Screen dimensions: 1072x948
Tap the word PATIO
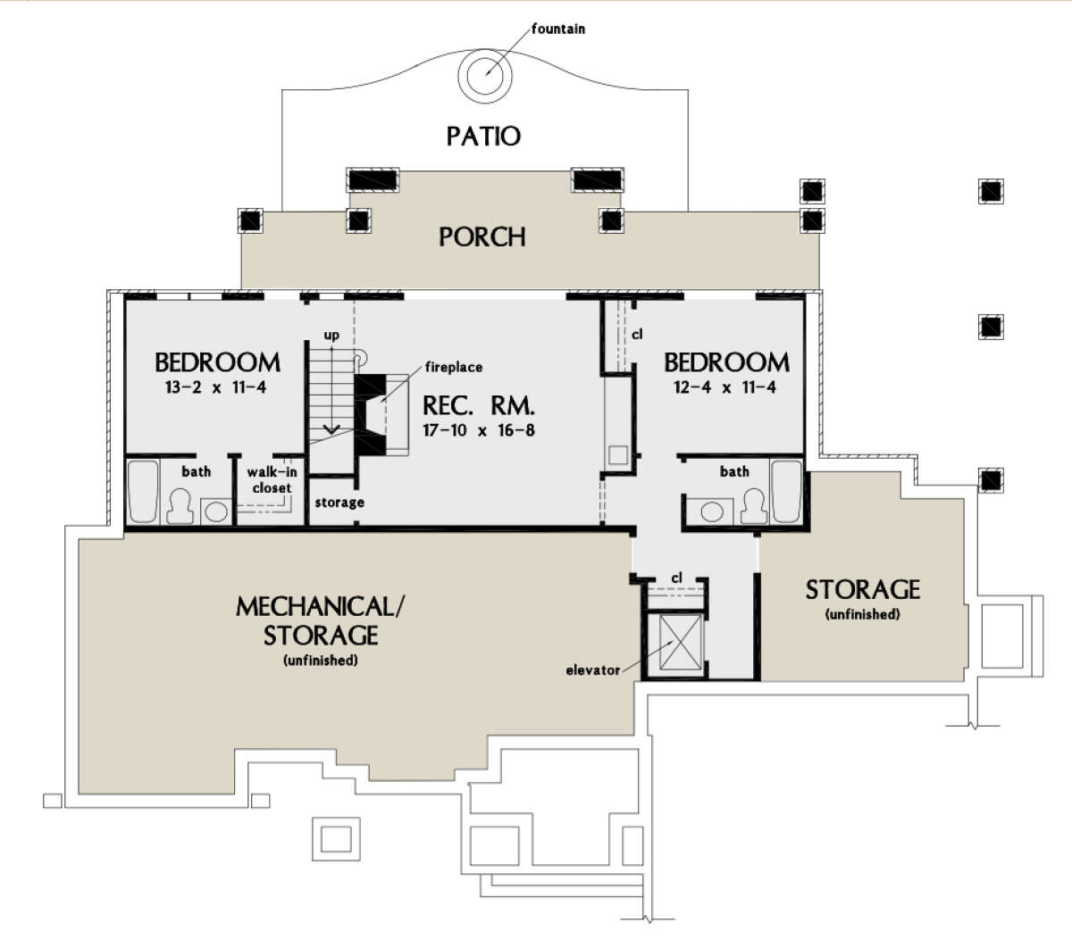483,137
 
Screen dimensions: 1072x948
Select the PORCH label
482,237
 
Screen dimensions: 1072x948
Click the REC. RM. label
478,406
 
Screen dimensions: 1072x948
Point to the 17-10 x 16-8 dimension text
478,430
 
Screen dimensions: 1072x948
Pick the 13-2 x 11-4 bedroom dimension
216,387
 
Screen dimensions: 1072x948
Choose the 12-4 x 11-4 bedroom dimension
724,387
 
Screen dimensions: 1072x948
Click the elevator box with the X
681,643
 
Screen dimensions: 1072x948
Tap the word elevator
592,670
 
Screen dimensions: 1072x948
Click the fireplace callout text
454,367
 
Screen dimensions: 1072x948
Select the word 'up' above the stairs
331,336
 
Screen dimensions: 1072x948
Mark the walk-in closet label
272,480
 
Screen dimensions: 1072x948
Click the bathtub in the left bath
143,491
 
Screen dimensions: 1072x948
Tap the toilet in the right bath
753,505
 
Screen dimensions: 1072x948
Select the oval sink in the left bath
216,511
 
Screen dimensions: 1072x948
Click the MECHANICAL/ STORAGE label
320,620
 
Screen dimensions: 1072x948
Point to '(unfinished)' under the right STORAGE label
862,614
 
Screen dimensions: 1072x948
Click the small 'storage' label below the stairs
339,503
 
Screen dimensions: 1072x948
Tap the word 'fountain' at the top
558,29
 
